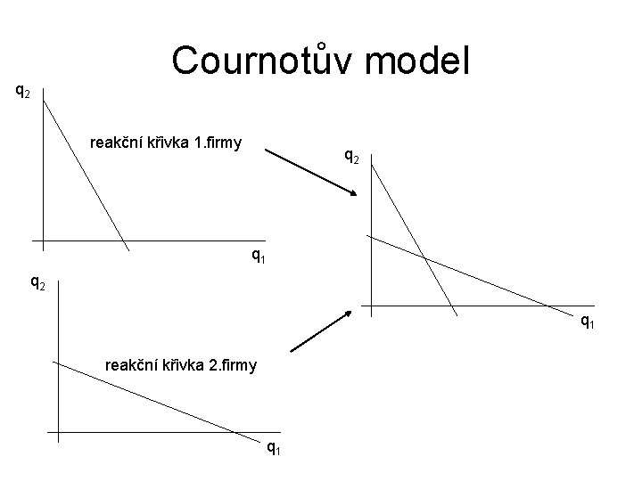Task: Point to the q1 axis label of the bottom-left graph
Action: (x=273, y=448)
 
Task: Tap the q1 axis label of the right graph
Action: (x=588, y=322)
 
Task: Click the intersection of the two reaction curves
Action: (x=424, y=258)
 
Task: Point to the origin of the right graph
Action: (x=371, y=307)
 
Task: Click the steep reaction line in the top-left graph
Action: (x=85, y=169)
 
